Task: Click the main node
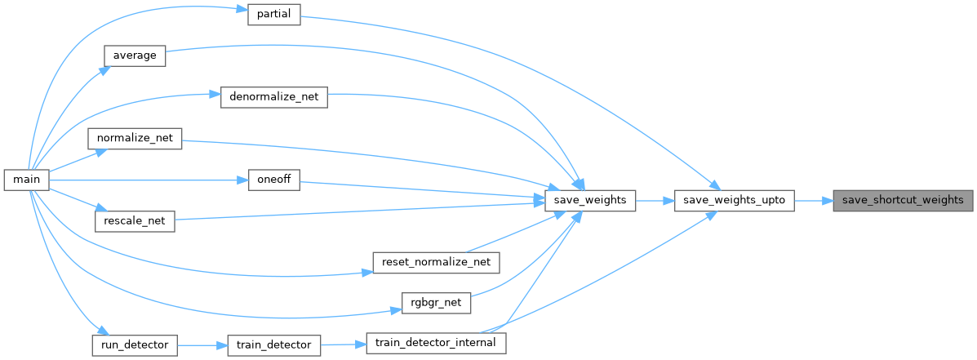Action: click(x=27, y=180)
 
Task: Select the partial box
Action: click(x=274, y=14)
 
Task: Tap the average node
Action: click(x=135, y=56)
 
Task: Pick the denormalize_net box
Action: click(x=274, y=97)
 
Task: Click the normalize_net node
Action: click(x=135, y=138)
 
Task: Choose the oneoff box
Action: click(x=274, y=180)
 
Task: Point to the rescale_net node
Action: click(x=135, y=220)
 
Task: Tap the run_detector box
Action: click(x=135, y=344)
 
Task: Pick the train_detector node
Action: click(x=273, y=344)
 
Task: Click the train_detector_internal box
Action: click(x=436, y=343)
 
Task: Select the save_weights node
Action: click(x=589, y=200)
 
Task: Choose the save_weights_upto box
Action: click(x=735, y=200)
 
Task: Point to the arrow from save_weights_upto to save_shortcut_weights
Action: click(x=814, y=200)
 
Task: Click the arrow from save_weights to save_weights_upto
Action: click(x=655, y=200)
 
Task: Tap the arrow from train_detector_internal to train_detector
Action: click(x=344, y=344)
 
